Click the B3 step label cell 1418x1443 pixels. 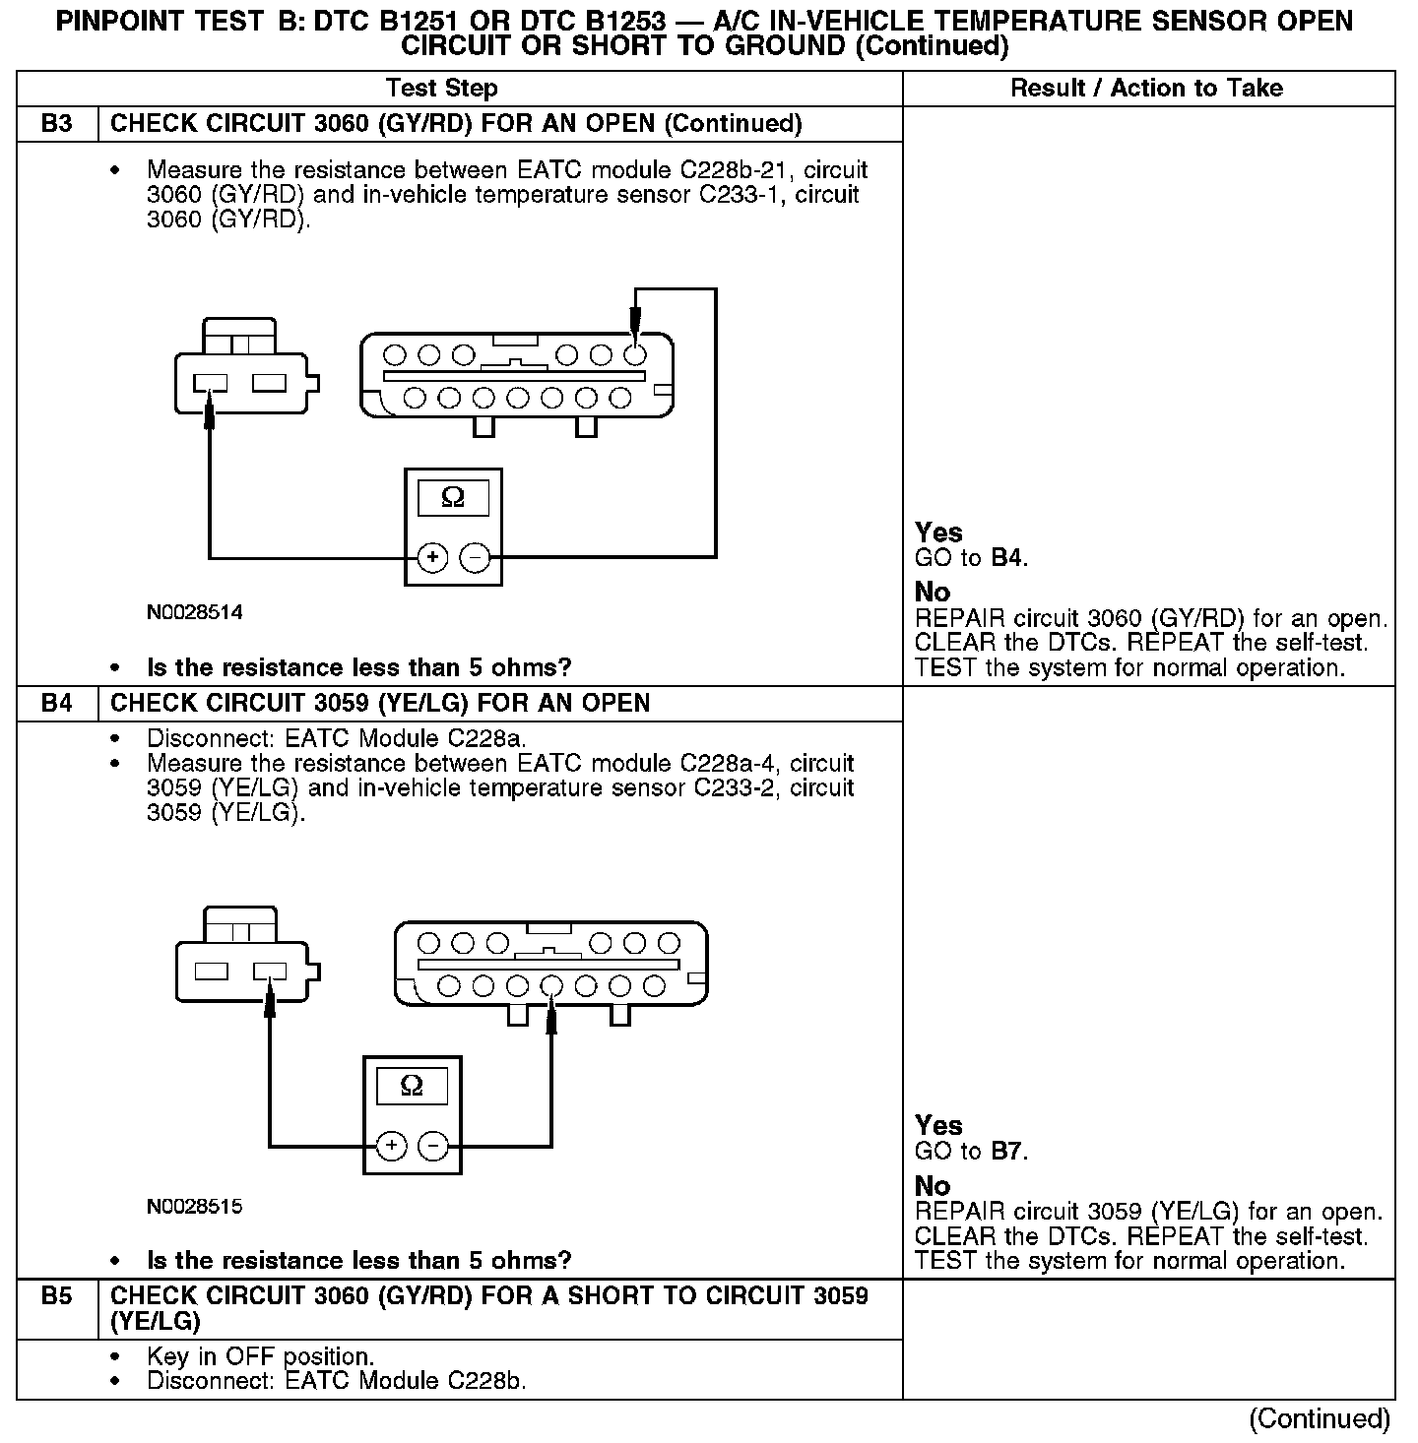[57, 124]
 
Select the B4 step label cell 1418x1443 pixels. [57, 704]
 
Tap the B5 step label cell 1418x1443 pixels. [57, 1296]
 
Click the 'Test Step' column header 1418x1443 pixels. [441, 89]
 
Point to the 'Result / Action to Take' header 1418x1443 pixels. [1146, 89]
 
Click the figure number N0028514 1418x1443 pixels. [195, 612]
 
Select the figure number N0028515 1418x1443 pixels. [195, 1206]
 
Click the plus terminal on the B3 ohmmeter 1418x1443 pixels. [432, 558]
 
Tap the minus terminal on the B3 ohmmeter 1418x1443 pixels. [475, 558]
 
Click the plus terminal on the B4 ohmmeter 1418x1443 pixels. [391, 1146]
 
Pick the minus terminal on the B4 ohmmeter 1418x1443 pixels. [433, 1146]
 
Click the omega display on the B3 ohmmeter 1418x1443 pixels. [453, 498]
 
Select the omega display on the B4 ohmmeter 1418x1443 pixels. [412, 1087]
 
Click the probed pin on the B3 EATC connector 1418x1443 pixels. [635, 354]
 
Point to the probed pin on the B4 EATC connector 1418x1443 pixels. [551, 985]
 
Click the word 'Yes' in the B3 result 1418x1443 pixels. [938, 533]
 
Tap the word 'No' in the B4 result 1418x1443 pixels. [933, 1186]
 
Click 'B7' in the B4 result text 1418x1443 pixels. [1007, 1152]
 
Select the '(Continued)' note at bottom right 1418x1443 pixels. [1320, 1418]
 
